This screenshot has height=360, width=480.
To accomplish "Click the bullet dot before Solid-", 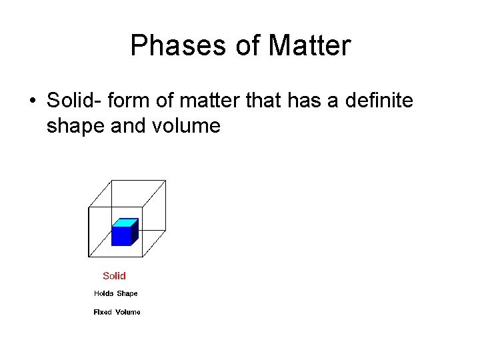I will point(32,101).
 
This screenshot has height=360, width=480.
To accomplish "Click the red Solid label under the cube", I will point(114,276).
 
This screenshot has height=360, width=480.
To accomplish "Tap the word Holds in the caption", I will point(103,293).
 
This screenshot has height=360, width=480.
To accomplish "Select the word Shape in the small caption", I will point(127,293).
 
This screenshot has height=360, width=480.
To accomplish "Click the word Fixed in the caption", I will point(103,312).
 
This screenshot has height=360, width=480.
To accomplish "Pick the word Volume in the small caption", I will point(128,312).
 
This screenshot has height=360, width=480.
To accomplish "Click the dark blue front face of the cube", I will point(121,236).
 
